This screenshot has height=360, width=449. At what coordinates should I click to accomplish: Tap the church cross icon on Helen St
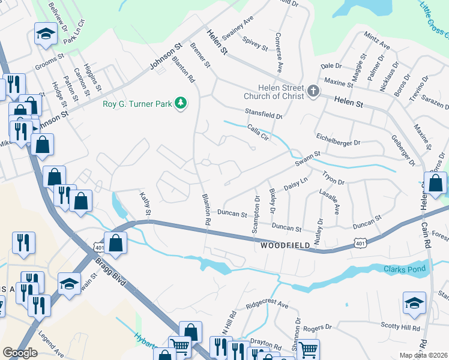click(312, 91)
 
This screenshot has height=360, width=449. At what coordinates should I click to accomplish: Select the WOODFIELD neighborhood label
click(285, 245)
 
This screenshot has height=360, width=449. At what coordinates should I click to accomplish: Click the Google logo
click(20, 353)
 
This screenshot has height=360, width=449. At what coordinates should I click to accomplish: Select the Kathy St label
click(145, 204)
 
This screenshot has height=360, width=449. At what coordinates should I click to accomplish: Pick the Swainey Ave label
click(238, 28)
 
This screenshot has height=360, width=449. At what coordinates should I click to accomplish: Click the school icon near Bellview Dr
click(45, 34)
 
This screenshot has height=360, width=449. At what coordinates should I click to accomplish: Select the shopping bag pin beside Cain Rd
click(435, 182)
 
